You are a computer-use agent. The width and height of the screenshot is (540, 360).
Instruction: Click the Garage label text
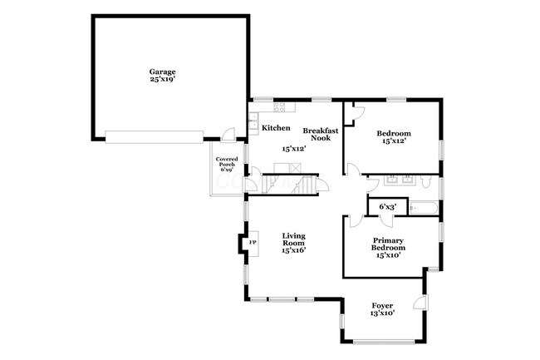coord(162,72)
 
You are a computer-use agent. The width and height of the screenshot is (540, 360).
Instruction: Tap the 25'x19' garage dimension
coord(162,80)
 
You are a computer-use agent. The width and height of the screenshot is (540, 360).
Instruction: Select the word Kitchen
coord(276,128)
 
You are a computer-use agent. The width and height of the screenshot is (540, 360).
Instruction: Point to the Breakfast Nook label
coord(317,134)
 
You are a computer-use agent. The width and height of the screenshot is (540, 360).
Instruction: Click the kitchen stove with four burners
coord(280,106)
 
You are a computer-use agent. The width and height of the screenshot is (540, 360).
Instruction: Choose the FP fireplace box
coord(253,242)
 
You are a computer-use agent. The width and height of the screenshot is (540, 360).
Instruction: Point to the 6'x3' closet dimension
coord(387,206)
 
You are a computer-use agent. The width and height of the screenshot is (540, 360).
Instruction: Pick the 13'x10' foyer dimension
coord(382,313)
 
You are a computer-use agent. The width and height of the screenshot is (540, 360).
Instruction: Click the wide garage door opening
coord(154,136)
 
